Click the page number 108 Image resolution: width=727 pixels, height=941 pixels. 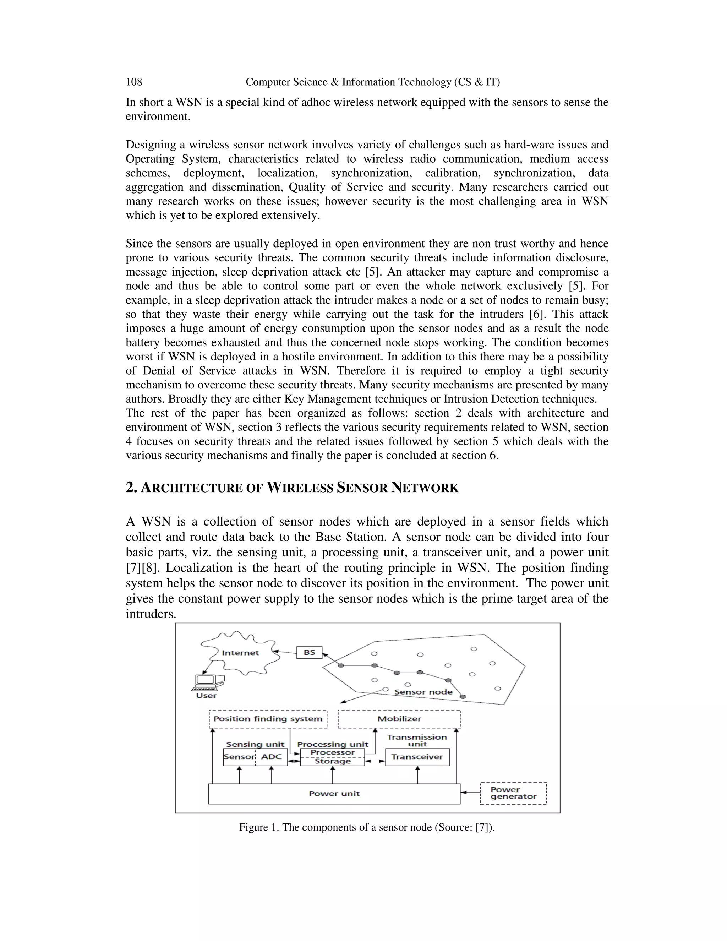click(133, 82)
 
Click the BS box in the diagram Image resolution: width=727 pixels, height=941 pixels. click(309, 652)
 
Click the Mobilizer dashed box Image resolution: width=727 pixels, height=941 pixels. click(399, 719)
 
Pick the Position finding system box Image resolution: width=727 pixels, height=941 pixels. click(268, 719)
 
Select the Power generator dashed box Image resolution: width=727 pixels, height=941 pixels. click(513, 793)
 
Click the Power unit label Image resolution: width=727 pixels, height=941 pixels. click(334, 794)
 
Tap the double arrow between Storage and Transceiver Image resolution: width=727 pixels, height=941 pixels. click(375, 761)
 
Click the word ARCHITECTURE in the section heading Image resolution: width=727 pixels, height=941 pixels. click(192, 488)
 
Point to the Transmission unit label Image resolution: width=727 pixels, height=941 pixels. click(417, 740)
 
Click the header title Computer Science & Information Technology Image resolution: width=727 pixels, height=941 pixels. click(372, 82)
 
